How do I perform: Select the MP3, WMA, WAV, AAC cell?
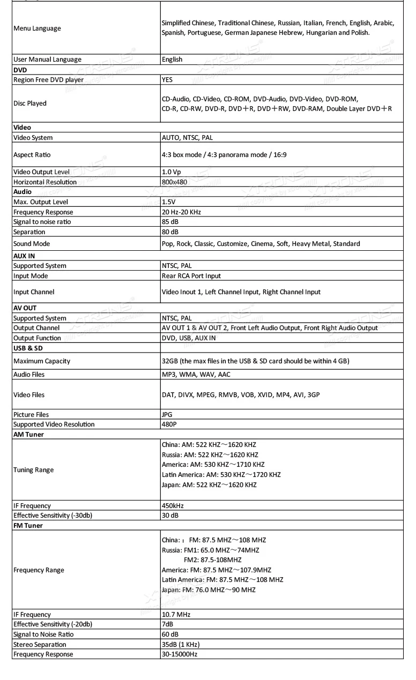[196, 374]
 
